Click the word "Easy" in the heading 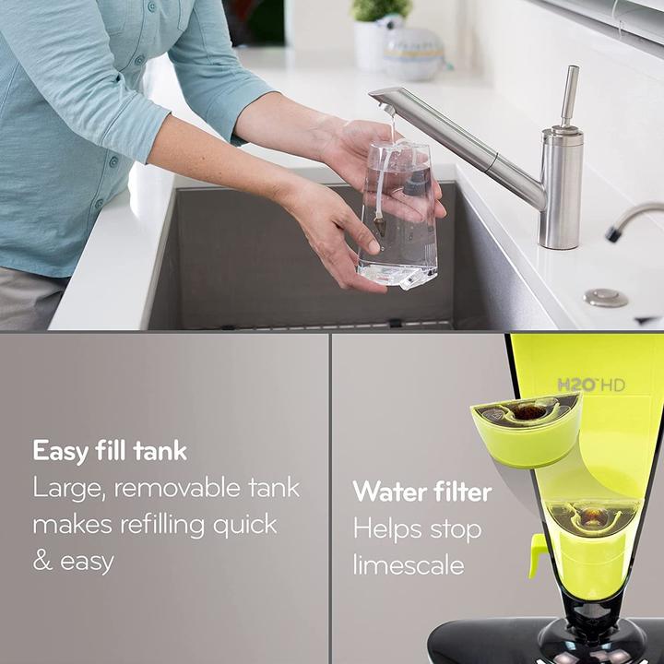[61, 452]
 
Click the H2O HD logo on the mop [590, 385]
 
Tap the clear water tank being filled [398, 217]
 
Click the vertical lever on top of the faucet [570, 96]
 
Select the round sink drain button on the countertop [607, 298]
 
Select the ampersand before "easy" [42, 562]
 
